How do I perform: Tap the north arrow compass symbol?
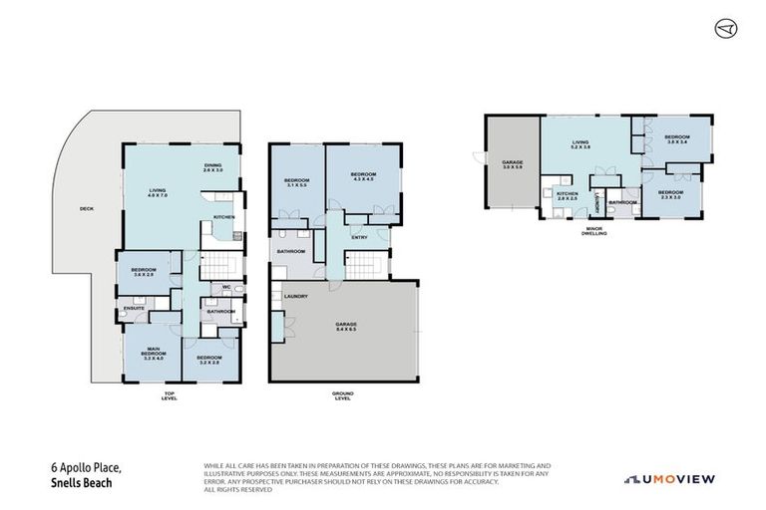(x=726, y=29)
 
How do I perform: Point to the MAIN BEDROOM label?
(x=153, y=352)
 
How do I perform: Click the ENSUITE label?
(x=135, y=309)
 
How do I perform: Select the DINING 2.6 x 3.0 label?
(x=213, y=168)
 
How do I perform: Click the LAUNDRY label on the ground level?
(x=294, y=296)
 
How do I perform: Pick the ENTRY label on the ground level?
(x=358, y=237)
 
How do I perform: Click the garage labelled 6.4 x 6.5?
(x=346, y=327)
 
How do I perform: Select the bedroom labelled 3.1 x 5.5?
(x=296, y=183)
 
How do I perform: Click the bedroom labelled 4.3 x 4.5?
(x=361, y=177)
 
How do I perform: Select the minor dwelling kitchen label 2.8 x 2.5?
(x=567, y=196)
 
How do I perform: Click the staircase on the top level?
(x=223, y=265)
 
